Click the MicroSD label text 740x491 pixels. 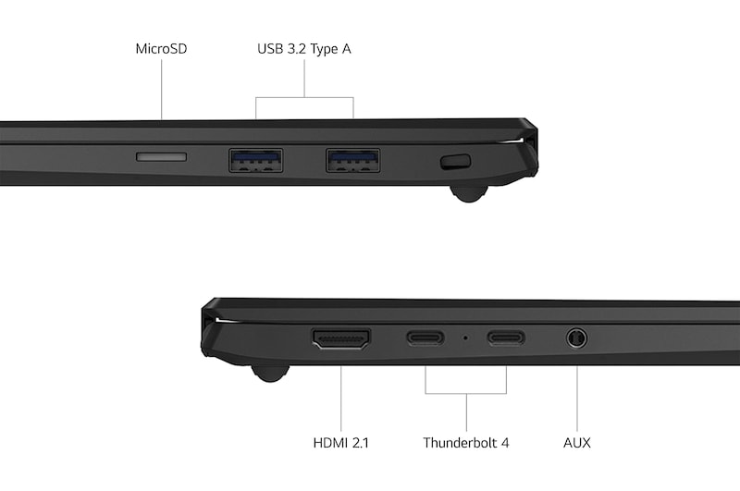[x=161, y=48]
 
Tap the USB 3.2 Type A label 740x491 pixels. [x=304, y=48]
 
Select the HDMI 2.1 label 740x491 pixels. [x=340, y=443]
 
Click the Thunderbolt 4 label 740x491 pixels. [x=466, y=443]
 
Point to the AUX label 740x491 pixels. [x=576, y=443]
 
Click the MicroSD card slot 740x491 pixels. [x=161, y=156]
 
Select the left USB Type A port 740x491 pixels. [x=256, y=161]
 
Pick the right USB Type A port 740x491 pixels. [x=352, y=161]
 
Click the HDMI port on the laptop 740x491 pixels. [x=341, y=338]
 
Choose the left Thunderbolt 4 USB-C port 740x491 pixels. [x=425, y=338]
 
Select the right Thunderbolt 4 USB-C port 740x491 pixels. [x=506, y=338]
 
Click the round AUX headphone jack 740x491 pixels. [x=577, y=338]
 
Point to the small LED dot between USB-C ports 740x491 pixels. [x=465, y=338]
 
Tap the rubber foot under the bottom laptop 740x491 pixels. [x=269, y=372]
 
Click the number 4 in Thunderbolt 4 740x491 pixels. [x=505, y=443]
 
